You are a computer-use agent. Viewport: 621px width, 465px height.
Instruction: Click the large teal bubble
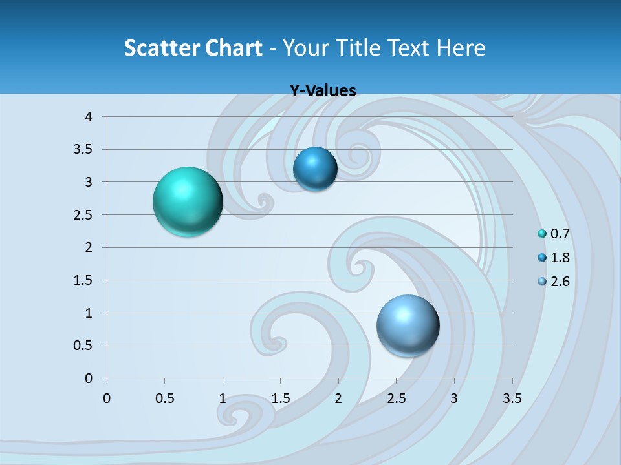[x=188, y=201]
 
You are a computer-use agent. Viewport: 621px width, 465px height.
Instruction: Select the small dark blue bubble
[x=315, y=169]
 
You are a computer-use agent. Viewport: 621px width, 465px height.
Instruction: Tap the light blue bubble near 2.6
[x=408, y=325]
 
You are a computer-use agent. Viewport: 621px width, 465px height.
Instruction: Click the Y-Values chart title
[x=323, y=91]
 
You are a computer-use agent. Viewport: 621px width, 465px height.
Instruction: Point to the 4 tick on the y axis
[x=89, y=117]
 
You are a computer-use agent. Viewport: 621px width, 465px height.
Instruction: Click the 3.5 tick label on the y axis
[x=84, y=150]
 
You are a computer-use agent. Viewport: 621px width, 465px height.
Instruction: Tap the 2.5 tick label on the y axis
[x=84, y=215]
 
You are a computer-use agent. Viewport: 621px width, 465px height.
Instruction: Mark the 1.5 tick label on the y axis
[x=84, y=280]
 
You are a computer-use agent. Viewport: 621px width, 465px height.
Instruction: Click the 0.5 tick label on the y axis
[x=84, y=346]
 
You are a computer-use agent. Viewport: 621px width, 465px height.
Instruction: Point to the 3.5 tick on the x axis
[x=512, y=398]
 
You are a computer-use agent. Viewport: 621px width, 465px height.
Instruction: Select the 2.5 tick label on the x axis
[x=396, y=398]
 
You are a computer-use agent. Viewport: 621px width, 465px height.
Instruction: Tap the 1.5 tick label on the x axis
[x=280, y=398]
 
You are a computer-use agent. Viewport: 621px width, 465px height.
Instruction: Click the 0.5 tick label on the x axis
[x=164, y=398]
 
